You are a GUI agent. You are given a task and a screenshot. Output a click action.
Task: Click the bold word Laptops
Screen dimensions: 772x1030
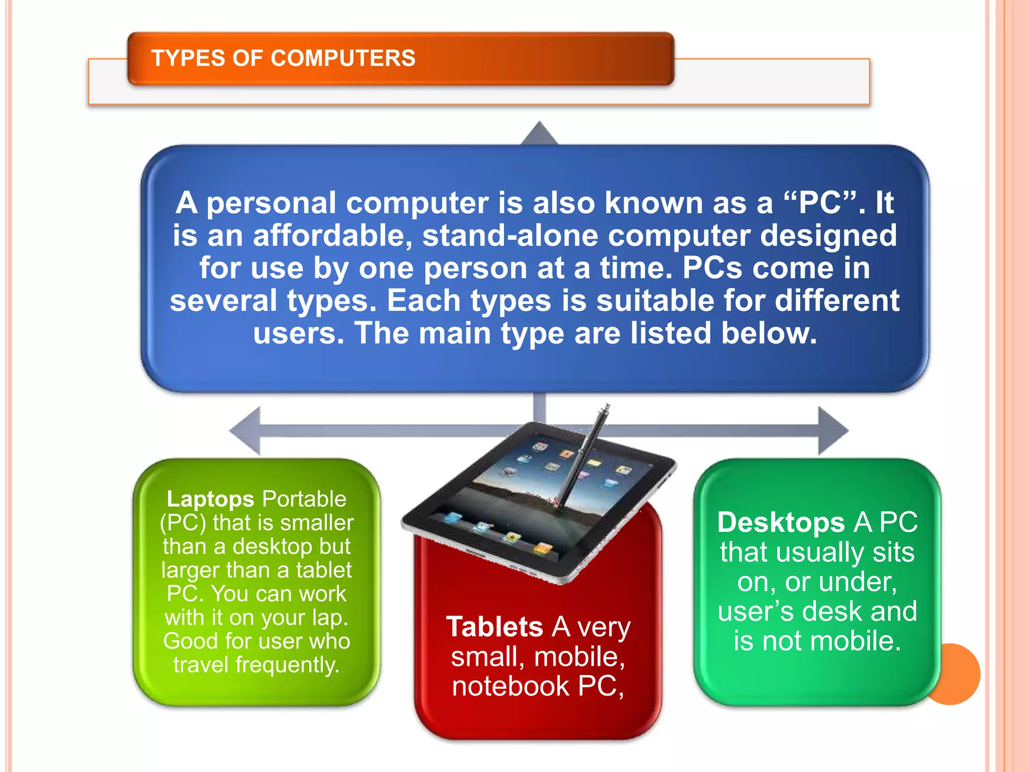point(210,499)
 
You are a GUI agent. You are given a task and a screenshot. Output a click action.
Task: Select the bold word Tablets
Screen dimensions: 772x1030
point(495,627)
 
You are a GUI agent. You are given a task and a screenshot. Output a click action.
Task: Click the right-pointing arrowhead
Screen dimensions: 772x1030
point(833,431)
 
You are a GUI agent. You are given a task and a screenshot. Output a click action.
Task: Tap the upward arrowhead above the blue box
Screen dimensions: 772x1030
point(539,134)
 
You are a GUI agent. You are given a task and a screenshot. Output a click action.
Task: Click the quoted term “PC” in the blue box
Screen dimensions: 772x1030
point(820,203)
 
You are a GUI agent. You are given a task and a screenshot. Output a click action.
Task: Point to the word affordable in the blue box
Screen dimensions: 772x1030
point(332,235)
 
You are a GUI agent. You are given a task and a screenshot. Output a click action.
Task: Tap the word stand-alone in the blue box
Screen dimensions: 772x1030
point(510,235)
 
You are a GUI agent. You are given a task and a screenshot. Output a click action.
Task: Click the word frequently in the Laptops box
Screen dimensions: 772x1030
point(287,665)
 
